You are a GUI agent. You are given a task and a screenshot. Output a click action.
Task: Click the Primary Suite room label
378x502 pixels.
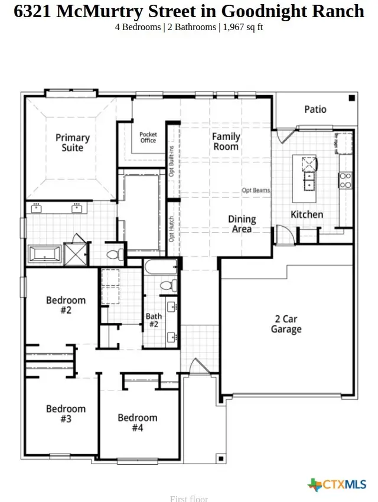[72, 142]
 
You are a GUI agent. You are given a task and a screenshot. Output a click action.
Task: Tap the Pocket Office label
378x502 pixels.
[148, 138]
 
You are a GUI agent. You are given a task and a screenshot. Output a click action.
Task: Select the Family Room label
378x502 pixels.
[226, 141]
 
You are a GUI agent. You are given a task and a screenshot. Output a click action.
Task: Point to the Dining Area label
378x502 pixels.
[242, 224]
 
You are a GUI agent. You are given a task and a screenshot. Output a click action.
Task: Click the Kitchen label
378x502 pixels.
[307, 214]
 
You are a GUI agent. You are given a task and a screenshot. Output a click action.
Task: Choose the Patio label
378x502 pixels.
[315, 109]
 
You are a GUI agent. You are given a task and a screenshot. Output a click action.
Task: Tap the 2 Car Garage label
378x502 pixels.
[286, 324]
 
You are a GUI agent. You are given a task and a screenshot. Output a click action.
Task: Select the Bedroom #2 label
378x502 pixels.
[66, 305]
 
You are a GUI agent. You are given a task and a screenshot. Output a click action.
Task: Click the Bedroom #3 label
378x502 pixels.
[66, 413]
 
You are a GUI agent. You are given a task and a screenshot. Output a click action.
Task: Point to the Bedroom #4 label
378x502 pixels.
[137, 422]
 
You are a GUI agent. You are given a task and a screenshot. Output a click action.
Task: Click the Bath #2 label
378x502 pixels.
[154, 321]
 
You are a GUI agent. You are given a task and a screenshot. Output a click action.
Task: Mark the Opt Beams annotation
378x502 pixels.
[256, 191]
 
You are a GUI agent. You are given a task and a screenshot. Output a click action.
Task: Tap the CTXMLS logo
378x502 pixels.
[337, 485]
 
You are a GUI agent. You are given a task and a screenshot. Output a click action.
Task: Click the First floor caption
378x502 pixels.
[189, 498]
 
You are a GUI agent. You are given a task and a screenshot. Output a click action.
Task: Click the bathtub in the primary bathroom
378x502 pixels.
[45, 255]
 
